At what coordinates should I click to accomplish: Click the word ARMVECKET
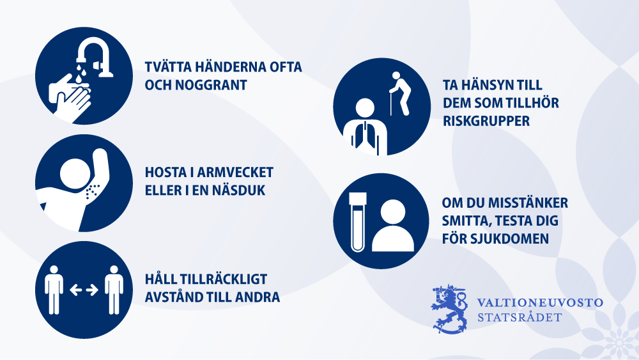click(x=235, y=173)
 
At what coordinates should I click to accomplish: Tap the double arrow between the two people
click(x=84, y=290)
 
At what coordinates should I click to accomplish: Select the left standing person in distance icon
click(x=54, y=290)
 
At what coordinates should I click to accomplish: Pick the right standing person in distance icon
click(x=114, y=290)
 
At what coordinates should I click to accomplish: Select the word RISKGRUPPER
click(x=486, y=121)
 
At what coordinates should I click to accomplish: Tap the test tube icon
click(x=358, y=221)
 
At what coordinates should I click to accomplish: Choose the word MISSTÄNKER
click(x=528, y=203)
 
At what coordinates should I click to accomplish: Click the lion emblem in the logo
click(x=449, y=309)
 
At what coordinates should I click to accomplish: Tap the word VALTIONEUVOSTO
click(x=540, y=302)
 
